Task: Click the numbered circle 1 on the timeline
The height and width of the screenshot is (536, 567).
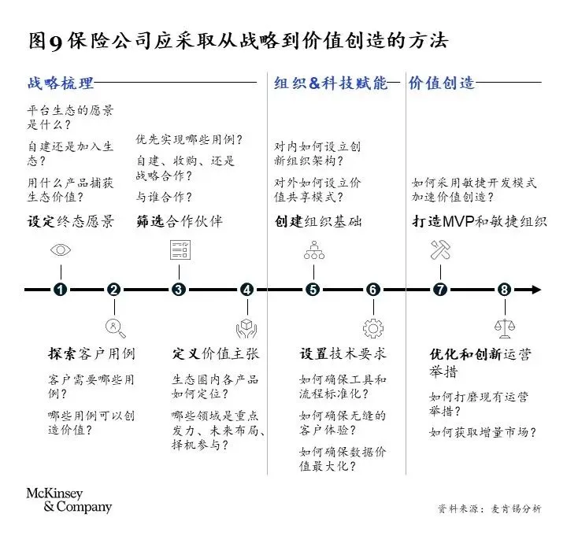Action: point(59,290)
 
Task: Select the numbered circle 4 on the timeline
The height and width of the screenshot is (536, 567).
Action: point(246,290)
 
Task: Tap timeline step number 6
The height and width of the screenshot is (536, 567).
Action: point(372,290)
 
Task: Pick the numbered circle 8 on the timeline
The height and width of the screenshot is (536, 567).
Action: point(504,290)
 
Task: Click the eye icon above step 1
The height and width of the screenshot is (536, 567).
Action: point(59,251)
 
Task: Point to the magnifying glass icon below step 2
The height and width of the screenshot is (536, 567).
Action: point(115,327)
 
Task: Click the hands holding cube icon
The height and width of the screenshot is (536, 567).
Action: point(246,327)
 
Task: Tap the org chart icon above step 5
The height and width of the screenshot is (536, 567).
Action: point(313,251)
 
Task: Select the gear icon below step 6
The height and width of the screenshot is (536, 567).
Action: point(372,327)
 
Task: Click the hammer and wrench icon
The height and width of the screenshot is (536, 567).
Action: point(439,251)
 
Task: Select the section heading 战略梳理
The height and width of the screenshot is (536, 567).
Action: point(61,83)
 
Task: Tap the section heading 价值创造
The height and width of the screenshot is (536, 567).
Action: point(441,83)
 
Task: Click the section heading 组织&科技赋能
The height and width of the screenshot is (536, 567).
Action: point(331,83)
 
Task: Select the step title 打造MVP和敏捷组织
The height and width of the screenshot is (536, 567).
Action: point(479,221)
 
